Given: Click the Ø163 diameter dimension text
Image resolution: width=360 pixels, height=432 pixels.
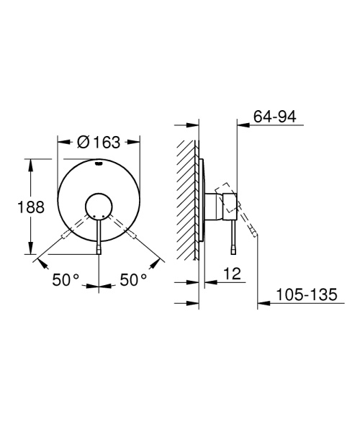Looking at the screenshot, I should pos(98,143).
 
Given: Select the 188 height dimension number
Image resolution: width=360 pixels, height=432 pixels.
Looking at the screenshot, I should pos(30,207).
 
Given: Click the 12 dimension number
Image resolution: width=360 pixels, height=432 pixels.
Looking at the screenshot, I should pos(233,274).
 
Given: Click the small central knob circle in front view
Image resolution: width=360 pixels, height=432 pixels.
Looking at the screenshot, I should pos(98,207).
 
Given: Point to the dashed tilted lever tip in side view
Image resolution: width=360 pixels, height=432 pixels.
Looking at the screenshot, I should pos(253,232).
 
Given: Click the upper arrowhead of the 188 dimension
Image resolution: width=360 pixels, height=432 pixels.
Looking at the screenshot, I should pos(30,163).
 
